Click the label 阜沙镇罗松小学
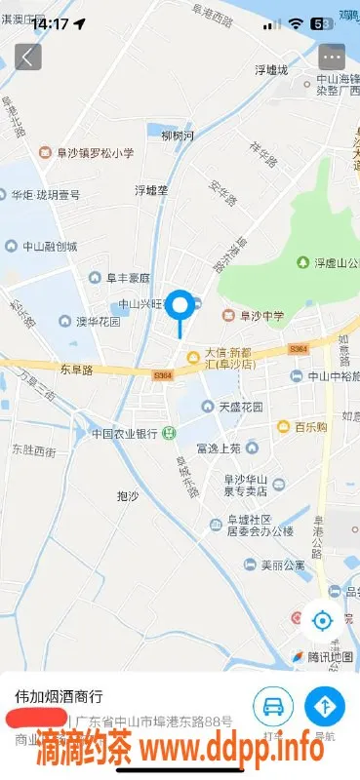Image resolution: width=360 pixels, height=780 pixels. click(x=88, y=152)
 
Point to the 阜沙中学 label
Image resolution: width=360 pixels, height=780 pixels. click(x=257, y=315)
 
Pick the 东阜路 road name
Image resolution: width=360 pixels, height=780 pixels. click(x=75, y=370)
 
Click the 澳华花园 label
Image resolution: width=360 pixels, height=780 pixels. click(x=98, y=321)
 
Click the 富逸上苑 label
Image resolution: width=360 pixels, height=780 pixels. click(x=218, y=448)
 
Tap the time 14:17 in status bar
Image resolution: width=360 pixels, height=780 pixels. click(x=49, y=21)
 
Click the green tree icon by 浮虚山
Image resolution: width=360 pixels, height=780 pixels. click(x=302, y=262)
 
